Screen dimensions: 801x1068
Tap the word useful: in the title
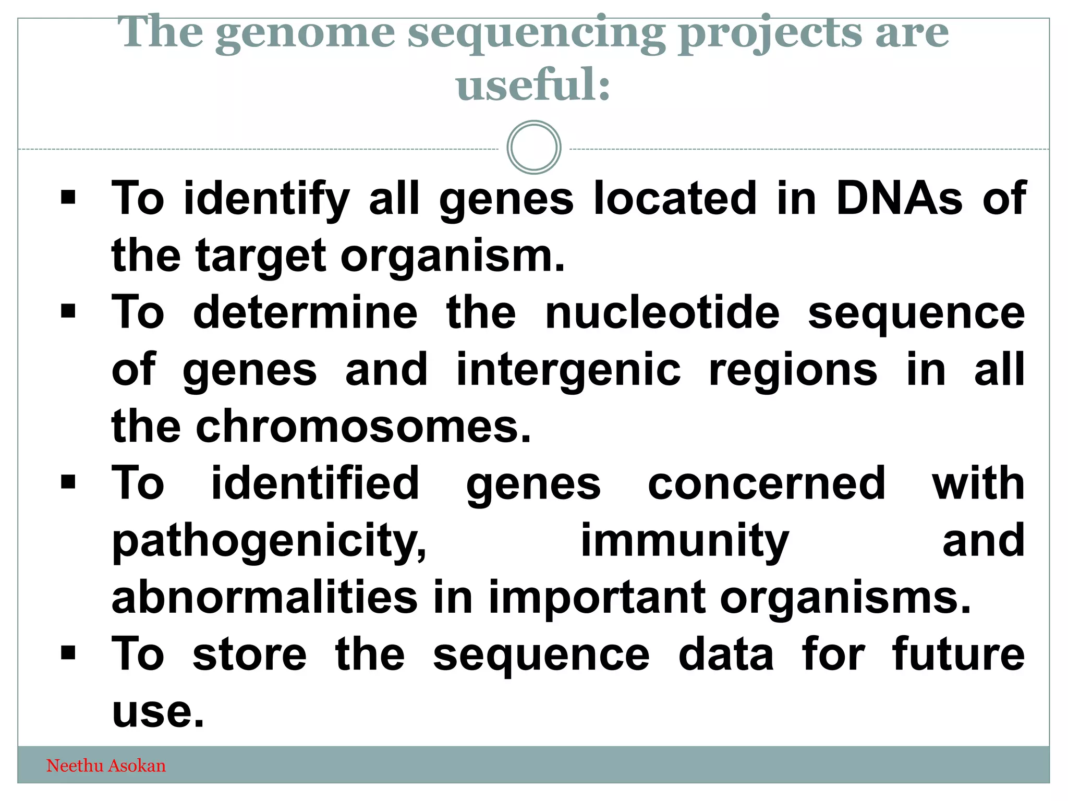click(533, 85)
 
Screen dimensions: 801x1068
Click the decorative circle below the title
click(533, 148)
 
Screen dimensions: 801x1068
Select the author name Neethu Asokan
click(106, 766)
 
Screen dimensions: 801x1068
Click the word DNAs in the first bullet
click(899, 198)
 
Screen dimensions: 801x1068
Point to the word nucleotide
click(662, 313)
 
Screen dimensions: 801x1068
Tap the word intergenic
click(568, 370)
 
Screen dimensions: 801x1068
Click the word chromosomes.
click(363, 427)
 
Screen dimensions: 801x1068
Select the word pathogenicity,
click(269, 541)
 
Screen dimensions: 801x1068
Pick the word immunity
click(685, 541)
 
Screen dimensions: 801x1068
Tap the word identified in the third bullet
click(315, 483)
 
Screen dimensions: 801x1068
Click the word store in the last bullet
click(249, 655)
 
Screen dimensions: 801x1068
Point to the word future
click(958, 655)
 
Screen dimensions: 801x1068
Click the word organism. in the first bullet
click(453, 256)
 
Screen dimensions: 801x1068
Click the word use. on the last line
click(157, 712)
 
